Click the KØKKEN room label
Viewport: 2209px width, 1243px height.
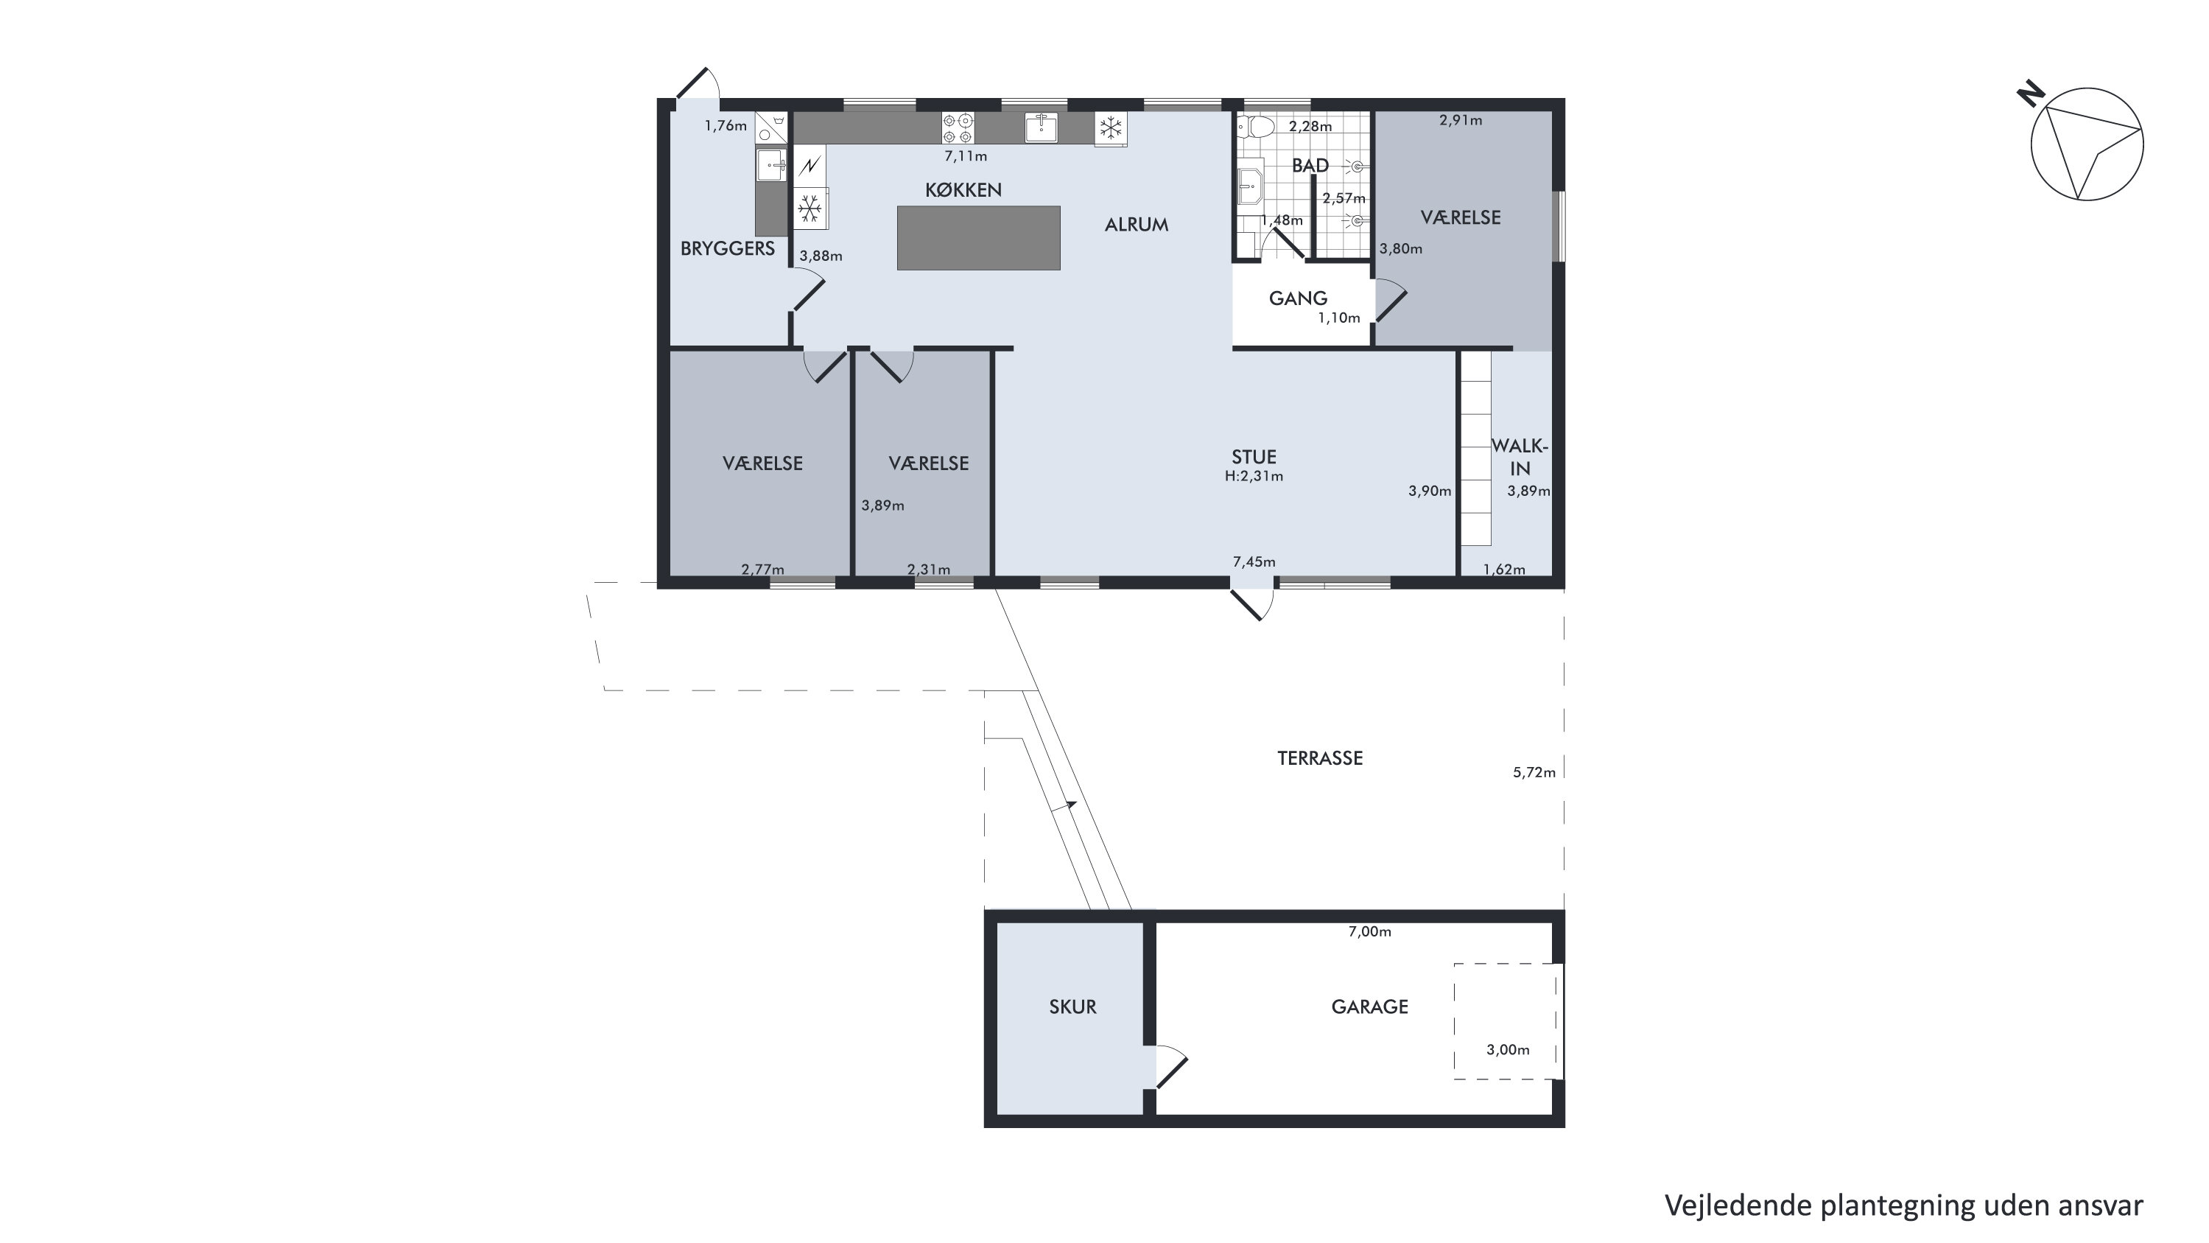(963, 190)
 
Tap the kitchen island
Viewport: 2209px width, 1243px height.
(978, 237)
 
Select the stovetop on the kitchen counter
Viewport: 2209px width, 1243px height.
(958, 127)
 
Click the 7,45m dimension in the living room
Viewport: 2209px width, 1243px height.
(1254, 562)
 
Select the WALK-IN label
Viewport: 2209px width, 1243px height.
(1520, 458)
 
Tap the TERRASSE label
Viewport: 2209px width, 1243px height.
(1320, 758)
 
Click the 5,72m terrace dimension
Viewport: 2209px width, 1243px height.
(1534, 772)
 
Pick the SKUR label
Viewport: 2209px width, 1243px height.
(1072, 1007)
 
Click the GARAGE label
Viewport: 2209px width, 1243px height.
(1369, 1007)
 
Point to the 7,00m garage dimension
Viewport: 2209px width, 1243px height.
(1369, 931)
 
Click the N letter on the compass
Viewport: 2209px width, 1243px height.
(2031, 94)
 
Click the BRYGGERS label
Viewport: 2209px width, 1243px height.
(727, 249)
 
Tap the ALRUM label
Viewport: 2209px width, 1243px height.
(1137, 225)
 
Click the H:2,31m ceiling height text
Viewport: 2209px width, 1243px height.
(1254, 476)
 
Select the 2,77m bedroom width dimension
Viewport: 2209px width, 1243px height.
(762, 570)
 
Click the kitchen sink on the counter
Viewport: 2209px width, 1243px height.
(1041, 127)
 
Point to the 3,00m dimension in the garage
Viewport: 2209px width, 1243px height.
(1508, 1050)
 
